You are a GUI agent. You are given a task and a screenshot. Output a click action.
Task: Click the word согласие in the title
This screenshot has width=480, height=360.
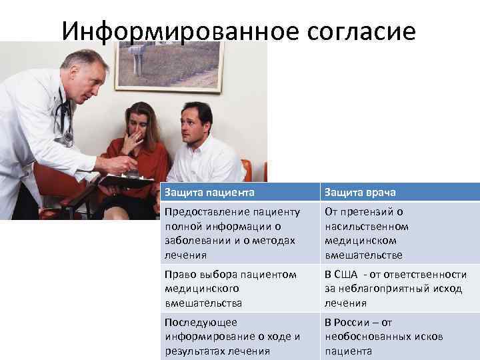tap(365, 30)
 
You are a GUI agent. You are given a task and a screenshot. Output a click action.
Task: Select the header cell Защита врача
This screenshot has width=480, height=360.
tap(360, 192)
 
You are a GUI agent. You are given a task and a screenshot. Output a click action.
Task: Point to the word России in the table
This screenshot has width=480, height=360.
tap(356, 322)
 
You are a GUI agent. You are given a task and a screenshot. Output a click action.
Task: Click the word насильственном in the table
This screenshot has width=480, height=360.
tap(367, 226)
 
